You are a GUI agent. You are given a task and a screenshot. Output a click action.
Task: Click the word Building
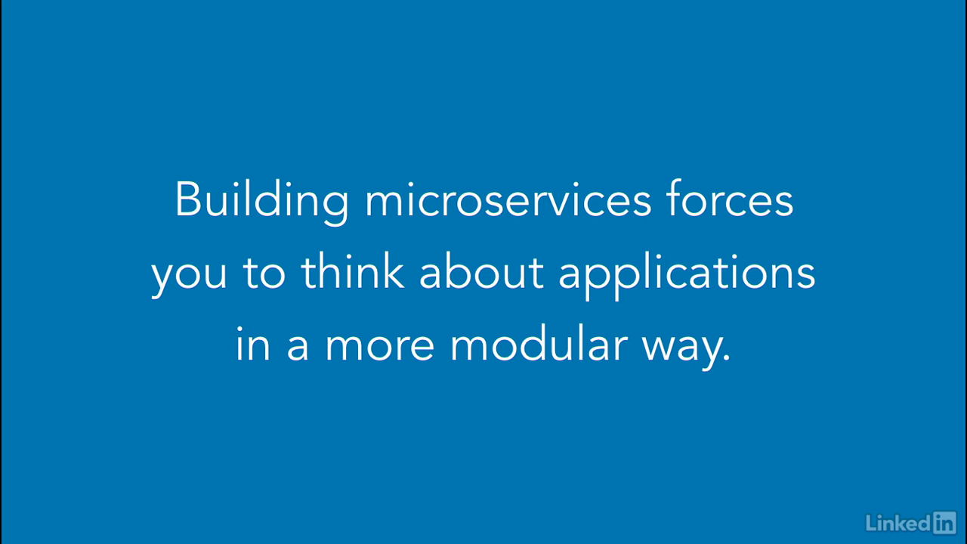261,202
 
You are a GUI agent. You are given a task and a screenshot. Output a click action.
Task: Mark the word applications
687,276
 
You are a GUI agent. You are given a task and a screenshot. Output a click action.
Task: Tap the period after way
726,357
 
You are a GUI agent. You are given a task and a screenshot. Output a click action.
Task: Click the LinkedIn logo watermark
911,522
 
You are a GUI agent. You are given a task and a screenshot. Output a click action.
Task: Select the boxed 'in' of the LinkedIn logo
944,522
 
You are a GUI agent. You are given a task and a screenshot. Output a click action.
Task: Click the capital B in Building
188,199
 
